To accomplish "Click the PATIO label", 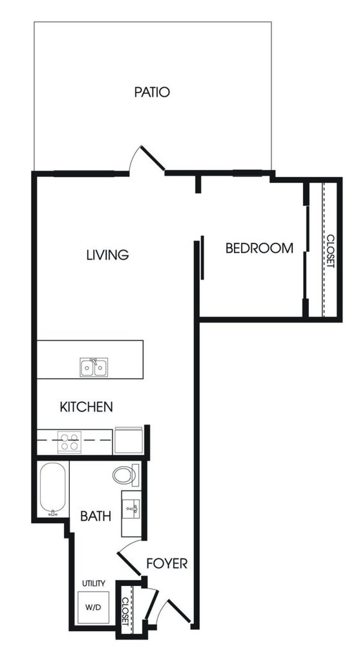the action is pos(152,92).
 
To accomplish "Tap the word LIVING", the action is pos(107,255).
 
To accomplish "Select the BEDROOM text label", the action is pos(259,248).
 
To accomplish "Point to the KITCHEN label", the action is pos(87,407).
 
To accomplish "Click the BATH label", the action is pos(96,516).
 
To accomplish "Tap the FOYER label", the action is pos(167,563).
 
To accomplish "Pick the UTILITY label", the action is pos(94,583).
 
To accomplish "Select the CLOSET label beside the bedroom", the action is pos(330,251).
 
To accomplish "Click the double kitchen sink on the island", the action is pos(94,367).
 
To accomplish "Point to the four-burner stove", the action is pos(70,441).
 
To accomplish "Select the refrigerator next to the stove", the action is pos(129,441).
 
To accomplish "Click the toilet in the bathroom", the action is pos(125,475).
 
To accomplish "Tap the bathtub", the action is pos(53,489).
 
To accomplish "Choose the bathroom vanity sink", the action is pos(131,514).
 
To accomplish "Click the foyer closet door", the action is pos(151,603).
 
